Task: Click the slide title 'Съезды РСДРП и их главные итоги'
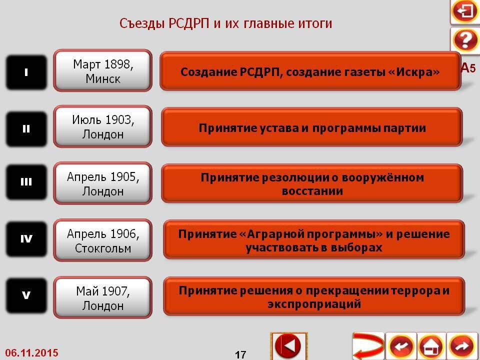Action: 225,23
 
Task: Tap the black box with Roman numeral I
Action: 26,72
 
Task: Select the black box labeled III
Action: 26,182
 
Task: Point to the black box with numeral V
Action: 26,295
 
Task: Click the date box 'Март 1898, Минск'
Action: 102,71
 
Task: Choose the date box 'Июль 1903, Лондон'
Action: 102,127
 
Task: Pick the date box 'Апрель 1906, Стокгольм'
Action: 102,240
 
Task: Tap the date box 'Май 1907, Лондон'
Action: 102,298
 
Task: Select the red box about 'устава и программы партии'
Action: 311,128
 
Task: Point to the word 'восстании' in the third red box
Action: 312,191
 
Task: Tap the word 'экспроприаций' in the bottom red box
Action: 314,304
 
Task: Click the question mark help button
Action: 464,40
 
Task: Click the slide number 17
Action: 240,354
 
